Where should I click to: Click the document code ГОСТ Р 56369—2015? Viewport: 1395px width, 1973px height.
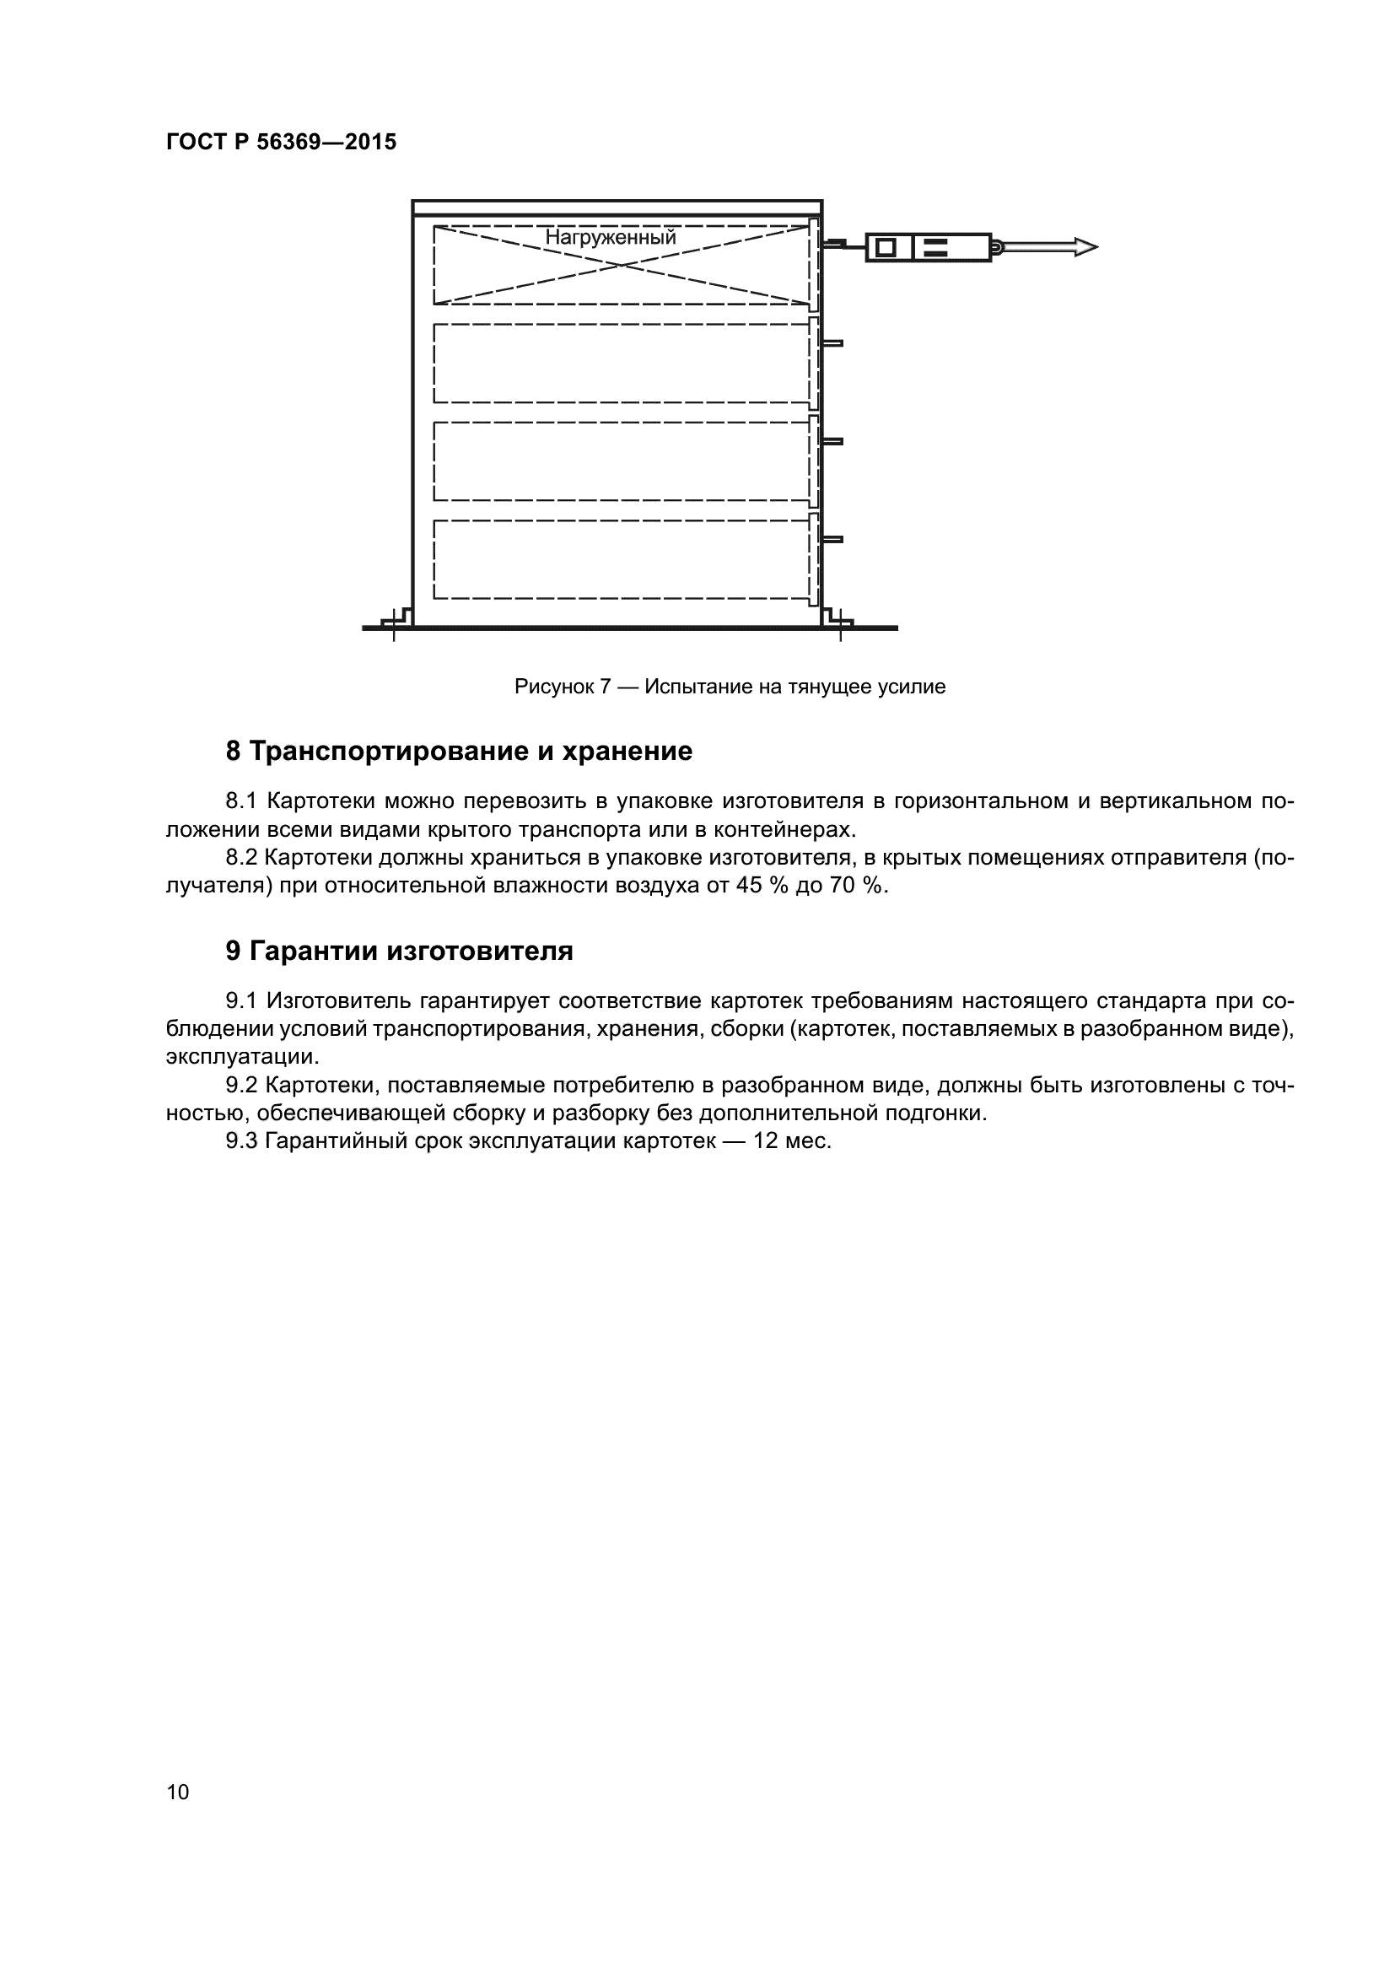click(281, 143)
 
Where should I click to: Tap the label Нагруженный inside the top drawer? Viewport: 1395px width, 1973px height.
click(611, 237)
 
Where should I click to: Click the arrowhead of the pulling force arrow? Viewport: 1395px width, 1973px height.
click(1085, 247)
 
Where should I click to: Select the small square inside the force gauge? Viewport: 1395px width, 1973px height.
click(886, 247)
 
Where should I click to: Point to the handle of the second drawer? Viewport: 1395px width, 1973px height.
click(832, 342)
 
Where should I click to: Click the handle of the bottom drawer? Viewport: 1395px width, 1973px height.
click(832, 540)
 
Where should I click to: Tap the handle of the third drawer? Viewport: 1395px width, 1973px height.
click(832, 442)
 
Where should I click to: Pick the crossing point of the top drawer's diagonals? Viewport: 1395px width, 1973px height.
click(622, 265)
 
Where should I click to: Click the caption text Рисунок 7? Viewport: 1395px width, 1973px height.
click(562, 687)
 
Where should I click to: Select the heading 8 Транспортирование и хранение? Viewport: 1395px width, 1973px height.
click(459, 752)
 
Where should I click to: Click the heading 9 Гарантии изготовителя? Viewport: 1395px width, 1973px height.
click(400, 951)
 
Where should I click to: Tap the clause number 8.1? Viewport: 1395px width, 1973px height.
click(241, 801)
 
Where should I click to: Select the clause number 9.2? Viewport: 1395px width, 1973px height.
click(241, 1086)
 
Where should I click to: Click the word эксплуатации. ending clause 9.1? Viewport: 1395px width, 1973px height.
click(242, 1056)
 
